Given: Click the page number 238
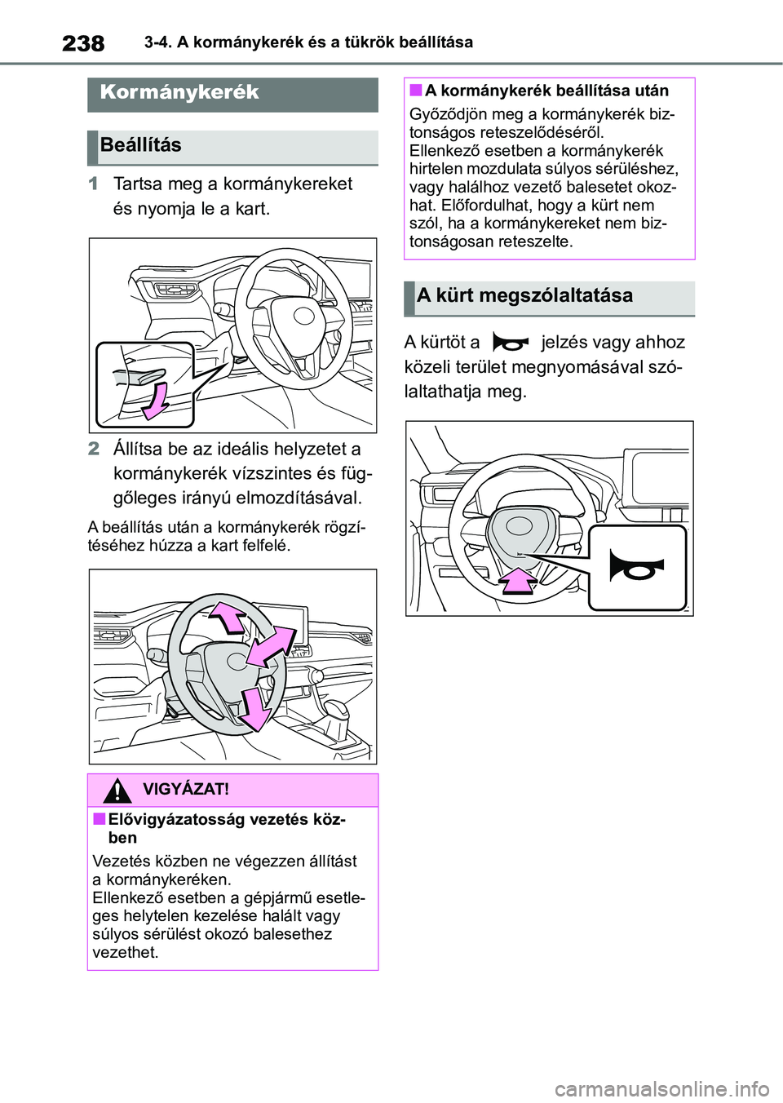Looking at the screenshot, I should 83,43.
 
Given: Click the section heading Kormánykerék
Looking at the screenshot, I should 179,92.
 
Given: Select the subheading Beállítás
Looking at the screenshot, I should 141,145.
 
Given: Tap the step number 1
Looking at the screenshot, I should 94,184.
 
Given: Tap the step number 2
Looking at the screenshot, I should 94,449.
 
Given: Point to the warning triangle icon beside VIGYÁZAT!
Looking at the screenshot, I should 117,790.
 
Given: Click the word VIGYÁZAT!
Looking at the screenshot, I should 186,790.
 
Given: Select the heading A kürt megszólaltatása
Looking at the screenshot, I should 524,295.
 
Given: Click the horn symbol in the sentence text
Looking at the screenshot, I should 511,343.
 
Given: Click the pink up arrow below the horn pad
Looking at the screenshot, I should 518,580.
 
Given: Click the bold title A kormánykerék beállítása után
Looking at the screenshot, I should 546,91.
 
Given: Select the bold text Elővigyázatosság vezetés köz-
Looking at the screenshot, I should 227,820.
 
